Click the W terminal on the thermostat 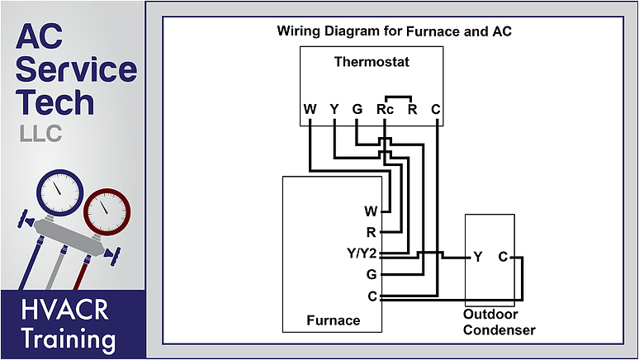(310, 109)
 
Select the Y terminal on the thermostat (334, 109)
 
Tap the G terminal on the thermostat (357, 109)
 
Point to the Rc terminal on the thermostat (384, 109)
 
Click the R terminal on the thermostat (412, 109)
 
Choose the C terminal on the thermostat (436, 109)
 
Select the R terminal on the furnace (371, 232)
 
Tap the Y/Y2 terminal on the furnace (362, 253)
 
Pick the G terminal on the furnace (371, 274)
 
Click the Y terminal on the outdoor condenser (478, 257)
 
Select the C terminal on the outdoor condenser (502, 257)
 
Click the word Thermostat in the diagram (372, 62)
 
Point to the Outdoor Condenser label (499, 323)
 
